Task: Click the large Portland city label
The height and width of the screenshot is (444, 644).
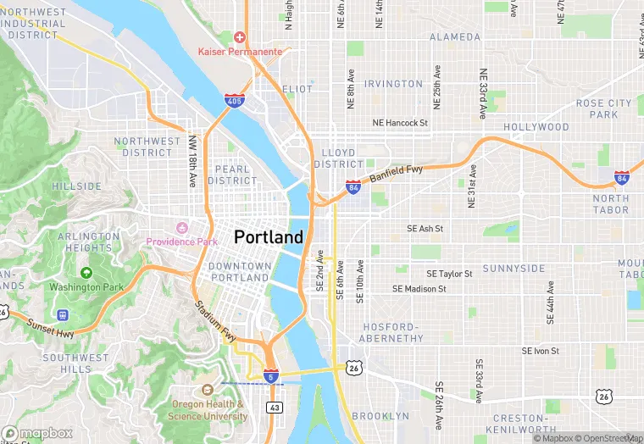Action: point(268,236)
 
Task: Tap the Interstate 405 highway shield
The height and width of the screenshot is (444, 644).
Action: point(236,101)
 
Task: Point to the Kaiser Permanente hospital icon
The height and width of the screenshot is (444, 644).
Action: point(240,38)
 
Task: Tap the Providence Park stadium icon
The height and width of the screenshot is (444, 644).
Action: point(180,228)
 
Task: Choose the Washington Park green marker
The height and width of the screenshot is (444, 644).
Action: point(86,273)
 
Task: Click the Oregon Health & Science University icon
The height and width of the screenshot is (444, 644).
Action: point(208,390)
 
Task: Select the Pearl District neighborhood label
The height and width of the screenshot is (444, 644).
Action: point(232,175)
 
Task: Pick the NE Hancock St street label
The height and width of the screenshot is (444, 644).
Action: point(401,123)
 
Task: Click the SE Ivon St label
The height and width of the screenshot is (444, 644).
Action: point(540,351)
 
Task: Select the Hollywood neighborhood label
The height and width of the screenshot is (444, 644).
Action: point(536,127)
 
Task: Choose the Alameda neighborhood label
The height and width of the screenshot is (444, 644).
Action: point(455,37)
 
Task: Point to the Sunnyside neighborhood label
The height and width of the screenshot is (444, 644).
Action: point(514,269)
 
